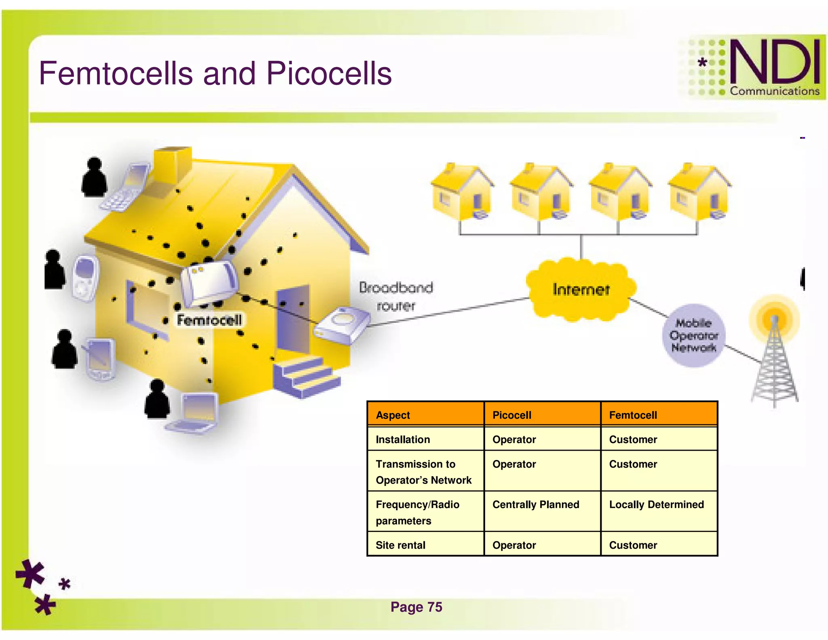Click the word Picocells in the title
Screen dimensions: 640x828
coord(329,74)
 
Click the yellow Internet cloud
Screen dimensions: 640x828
coord(581,290)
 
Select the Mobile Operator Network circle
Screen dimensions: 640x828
coord(694,335)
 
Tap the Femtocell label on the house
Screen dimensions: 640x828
coord(209,320)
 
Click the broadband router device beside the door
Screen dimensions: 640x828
coord(342,325)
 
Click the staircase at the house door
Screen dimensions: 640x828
coord(306,376)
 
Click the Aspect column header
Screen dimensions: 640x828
coord(393,415)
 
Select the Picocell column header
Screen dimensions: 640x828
coord(512,415)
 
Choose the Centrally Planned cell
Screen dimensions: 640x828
coord(536,504)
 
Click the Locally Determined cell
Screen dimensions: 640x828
coord(656,504)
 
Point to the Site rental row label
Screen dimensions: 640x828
coord(400,545)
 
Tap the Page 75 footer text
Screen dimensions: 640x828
coord(416,607)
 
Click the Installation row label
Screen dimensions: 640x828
coord(403,439)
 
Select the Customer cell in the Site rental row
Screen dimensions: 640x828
coord(633,545)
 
